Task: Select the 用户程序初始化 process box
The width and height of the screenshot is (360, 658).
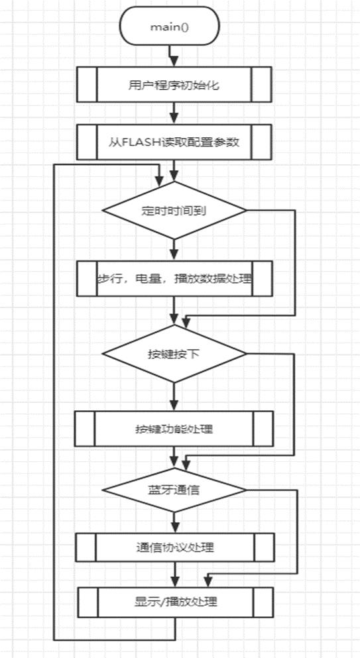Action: click(x=174, y=84)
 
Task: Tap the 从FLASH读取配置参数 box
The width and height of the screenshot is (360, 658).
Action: click(x=174, y=141)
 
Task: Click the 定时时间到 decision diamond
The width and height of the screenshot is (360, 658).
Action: click(x=174, y=211)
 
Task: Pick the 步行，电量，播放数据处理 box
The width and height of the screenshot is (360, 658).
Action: click(x=174, y=278)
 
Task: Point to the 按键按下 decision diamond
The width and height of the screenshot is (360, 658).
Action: click(x=174, y=353)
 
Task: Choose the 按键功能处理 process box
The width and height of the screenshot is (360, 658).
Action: click(x=174, y=428)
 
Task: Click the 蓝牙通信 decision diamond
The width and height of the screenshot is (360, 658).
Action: click(x=174, y=490)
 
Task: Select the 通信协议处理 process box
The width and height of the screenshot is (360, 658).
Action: click(x=174, y=547)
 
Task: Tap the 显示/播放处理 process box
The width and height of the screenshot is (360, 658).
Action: click(x=174, y=603)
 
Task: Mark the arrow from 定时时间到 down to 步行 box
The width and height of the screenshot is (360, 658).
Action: click(x=174, y=250)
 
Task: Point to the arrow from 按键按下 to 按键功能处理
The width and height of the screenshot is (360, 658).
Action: click(x=174, y=397)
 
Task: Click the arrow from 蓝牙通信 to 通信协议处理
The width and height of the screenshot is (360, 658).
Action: click(x=174, y=521)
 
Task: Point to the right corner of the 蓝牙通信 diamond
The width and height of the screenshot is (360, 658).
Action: click(x=245, y=490)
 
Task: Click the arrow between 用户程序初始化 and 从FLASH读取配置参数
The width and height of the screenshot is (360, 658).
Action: click(x=174, y=113)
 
